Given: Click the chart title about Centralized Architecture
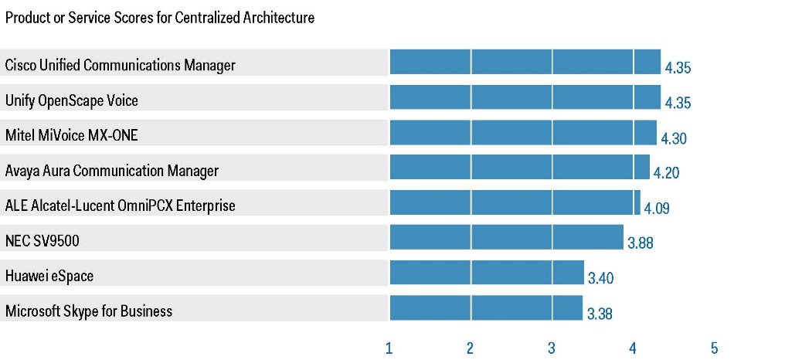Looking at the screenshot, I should point(160,18).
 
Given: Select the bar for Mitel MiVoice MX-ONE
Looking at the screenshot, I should point(523,133).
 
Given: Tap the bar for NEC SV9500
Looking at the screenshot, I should point(506,237).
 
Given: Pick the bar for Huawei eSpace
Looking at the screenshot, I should point(487,273).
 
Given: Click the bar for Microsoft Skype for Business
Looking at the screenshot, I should point(486,307).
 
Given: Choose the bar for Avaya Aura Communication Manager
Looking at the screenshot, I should point(519,167).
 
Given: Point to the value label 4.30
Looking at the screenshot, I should point(673,139).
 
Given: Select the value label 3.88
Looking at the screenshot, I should point(641,243).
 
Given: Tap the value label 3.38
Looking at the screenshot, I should point(600,314).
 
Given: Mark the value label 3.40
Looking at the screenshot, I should point(601,278).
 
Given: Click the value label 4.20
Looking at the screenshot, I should point(666,174).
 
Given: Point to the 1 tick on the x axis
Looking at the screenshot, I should point(389,348).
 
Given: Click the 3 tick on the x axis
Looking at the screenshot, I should point(551,348).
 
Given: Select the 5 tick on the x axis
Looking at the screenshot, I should point(714,348).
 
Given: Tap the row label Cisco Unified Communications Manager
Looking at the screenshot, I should point(120,65).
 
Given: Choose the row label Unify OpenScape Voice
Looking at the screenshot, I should point(72,100).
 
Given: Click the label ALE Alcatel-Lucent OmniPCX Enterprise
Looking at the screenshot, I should point(120,205).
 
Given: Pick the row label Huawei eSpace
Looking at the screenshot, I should point(49,276).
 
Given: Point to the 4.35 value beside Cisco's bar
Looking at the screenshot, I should point(678,68).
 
